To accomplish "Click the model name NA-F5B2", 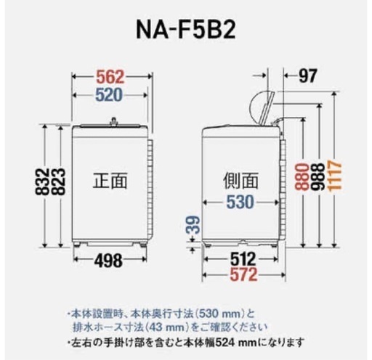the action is click(x=186, y=30).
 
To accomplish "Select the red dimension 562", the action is click(x=110, y=77).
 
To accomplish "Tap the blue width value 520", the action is click(x=109, y=95).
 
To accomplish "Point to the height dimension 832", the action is click(x=42, y=182).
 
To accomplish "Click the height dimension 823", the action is click(x=58, y=182).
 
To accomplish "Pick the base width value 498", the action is click(x=108, y=261).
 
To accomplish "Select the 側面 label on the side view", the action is click(x=240, y=181).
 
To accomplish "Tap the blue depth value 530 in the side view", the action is click(x=240, y=202).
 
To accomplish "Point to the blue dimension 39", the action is click(x=193, y=225).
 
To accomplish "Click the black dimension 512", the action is click(x=243, y=259).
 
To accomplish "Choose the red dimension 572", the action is click(x=243, y=274).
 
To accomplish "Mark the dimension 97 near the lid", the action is click(x=307, y=75).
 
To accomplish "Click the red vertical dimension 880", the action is click(x=302, y=177).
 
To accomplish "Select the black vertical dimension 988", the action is click(x=318, y=177).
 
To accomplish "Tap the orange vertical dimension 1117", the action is click(x=335, y=176).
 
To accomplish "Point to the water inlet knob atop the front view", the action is click(x=113, y=121).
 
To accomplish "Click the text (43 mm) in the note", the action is click(x=169, y=327).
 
